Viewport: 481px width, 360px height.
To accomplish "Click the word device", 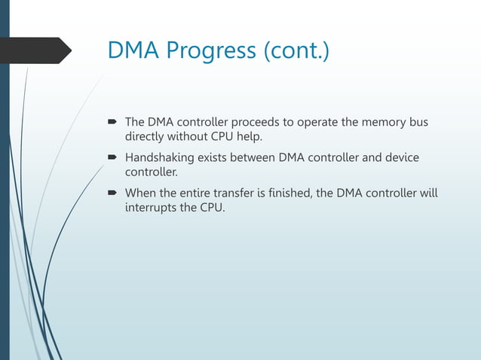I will pyautogui.click(x=400, y=157).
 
